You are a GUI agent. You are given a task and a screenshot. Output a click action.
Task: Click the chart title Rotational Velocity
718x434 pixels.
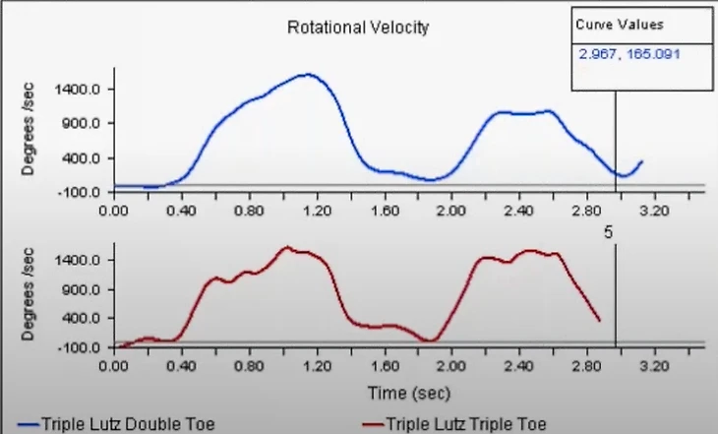pyautogui.click(x=358, y=28)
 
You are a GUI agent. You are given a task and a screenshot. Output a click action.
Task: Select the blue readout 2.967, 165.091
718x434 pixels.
pyautogui.click(x=629, y=53)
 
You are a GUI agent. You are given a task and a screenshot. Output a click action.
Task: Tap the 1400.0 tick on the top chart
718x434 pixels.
pyautogui.click(x=82, y=90)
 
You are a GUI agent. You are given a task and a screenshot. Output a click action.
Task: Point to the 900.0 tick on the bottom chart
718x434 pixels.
pyautogui.click(x=85, y=289)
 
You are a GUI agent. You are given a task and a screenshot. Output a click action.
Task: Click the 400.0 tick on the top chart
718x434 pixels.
pyautogui.click(x=85, y=158)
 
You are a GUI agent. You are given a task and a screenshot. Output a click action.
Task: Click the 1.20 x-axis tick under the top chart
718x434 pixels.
pyautogui.click(x=317, y=210)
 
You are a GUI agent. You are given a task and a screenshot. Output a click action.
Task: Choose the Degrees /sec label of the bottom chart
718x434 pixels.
pyautogui.click(x=30, y=294)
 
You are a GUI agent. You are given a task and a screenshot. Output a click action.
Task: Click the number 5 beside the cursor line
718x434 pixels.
pyautogui.click(x=608, y=233)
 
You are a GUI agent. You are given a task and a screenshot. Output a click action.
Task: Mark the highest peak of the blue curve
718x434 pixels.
pyautogui.click(x=309, y=74)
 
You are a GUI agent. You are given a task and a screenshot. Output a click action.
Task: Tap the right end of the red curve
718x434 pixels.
pyautogui.click(x=599, y=321)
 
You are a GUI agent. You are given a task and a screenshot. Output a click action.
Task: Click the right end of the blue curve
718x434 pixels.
pyautogui.click(x=641, y=161)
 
